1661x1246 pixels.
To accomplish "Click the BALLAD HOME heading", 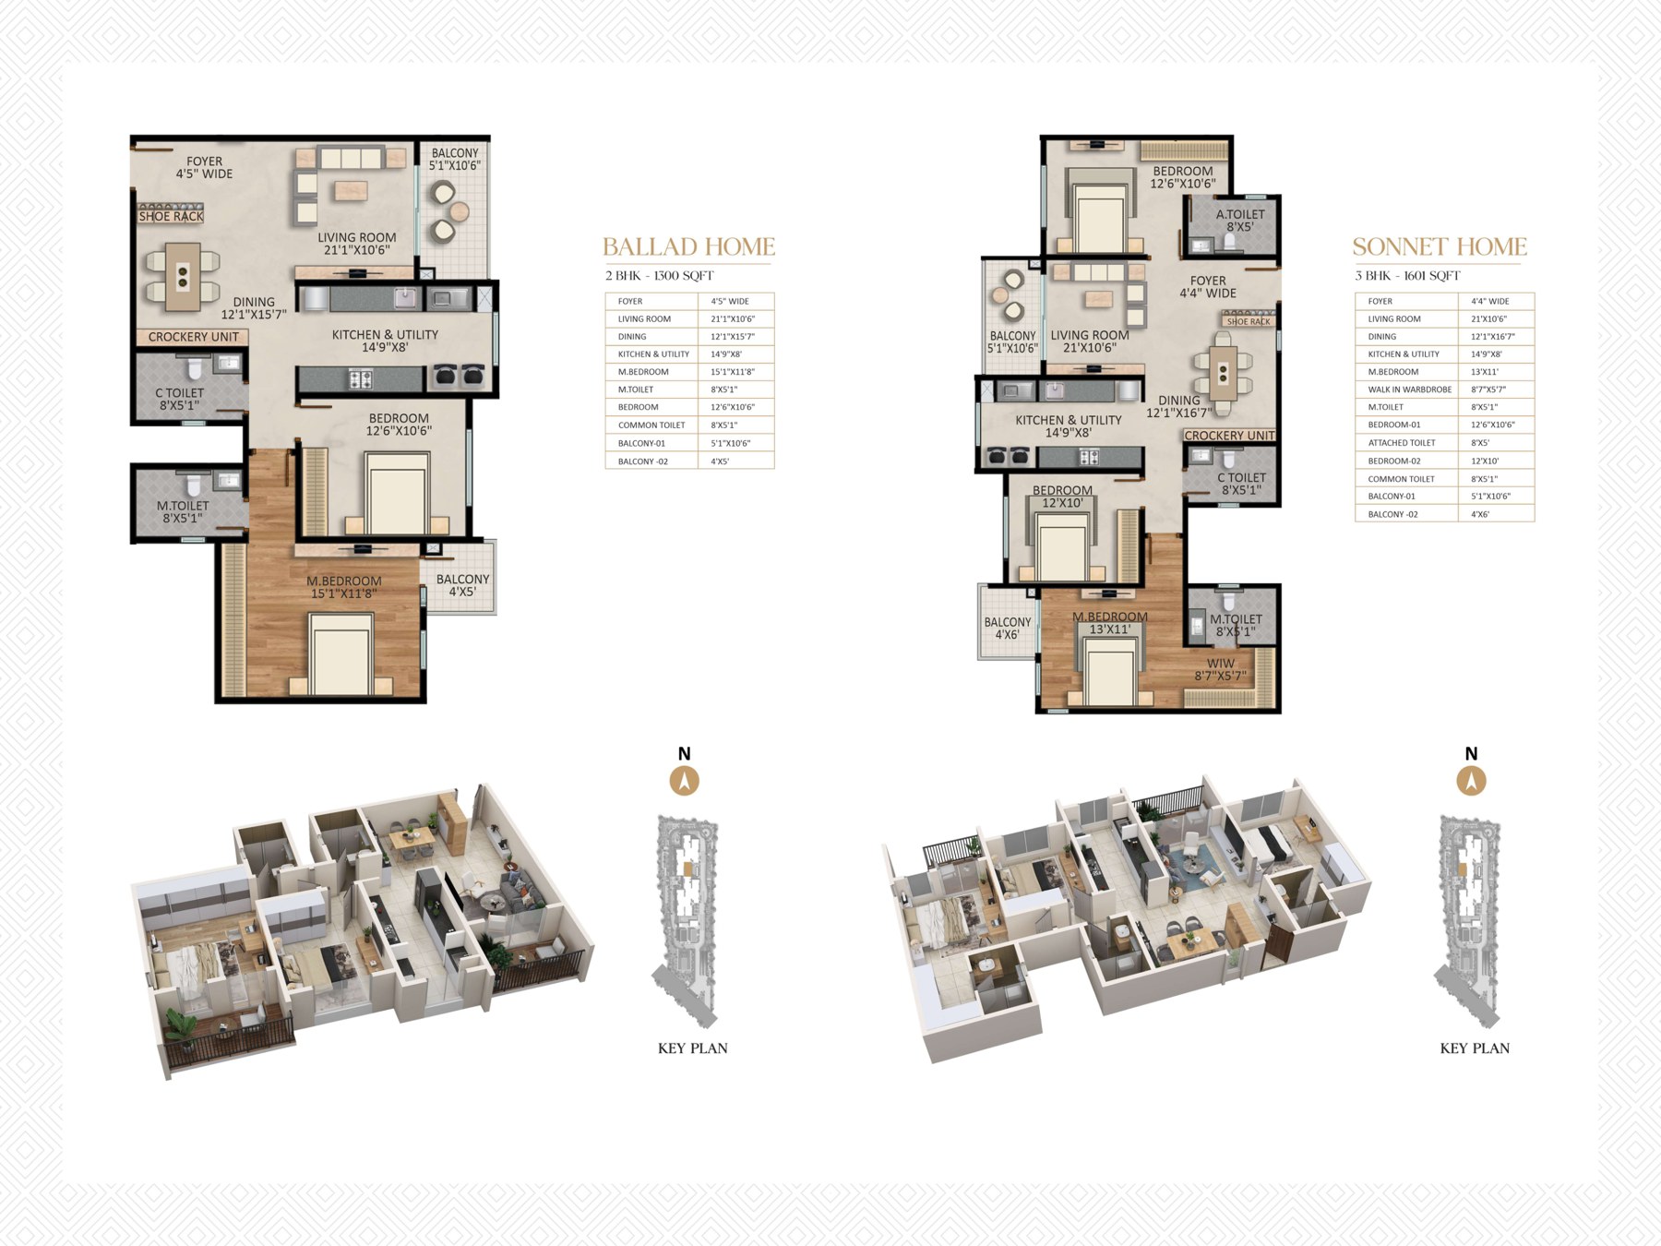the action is coord(688,246).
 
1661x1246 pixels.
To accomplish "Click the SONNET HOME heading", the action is coord(1440,246).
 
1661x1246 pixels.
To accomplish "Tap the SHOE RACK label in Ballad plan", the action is coord(171,216).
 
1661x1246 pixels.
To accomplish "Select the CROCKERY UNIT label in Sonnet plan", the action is coord(1229,436).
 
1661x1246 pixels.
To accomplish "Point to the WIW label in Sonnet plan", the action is coord(1220,663).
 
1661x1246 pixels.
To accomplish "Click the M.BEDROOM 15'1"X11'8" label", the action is coord(344,587).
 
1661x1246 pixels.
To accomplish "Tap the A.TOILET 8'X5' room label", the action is coord(1240,221).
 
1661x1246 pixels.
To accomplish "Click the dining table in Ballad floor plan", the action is coord(183,276).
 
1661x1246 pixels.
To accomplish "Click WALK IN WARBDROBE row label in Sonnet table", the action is coord(1409,389).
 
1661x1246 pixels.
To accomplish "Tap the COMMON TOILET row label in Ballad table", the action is coord(651,425).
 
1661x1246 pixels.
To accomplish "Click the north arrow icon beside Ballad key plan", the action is coord(684,781).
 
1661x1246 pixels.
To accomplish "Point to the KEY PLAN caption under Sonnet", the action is coord(1475,1048).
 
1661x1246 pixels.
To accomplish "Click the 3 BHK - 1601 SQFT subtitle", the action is coord(1407,276).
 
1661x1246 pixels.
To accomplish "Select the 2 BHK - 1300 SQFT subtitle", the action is coord(659,276).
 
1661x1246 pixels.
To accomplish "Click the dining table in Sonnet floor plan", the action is coord(1223,372).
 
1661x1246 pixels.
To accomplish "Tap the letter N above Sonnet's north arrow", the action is coord(1471,754).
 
